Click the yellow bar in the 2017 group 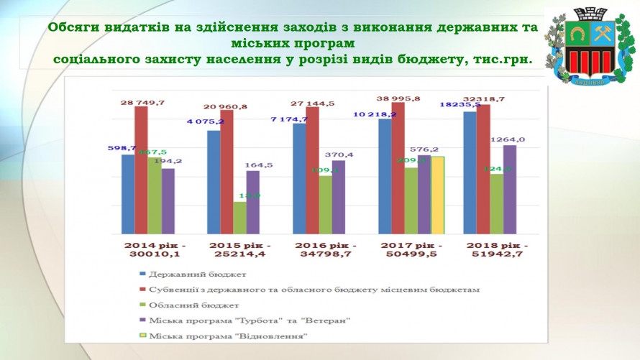[437, 195]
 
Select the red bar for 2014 [141, 170]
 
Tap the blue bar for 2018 [470, 172]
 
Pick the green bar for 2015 [239, 218]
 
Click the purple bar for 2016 [338, 197]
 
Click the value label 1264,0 [507, 139]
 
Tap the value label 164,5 [259, 165]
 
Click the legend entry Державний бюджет [198, 274]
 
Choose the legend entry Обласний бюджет [194, 305]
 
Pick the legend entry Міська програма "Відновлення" [228, 336]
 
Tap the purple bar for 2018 [510, 189]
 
